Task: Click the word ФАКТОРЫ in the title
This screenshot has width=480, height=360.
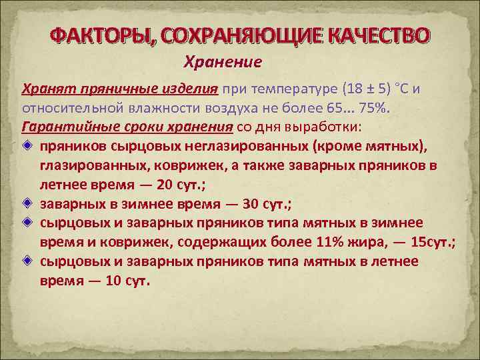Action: pos(100,35)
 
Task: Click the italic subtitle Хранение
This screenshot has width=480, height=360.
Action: pos(222,61)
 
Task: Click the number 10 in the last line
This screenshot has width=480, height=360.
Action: pos(113,280)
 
